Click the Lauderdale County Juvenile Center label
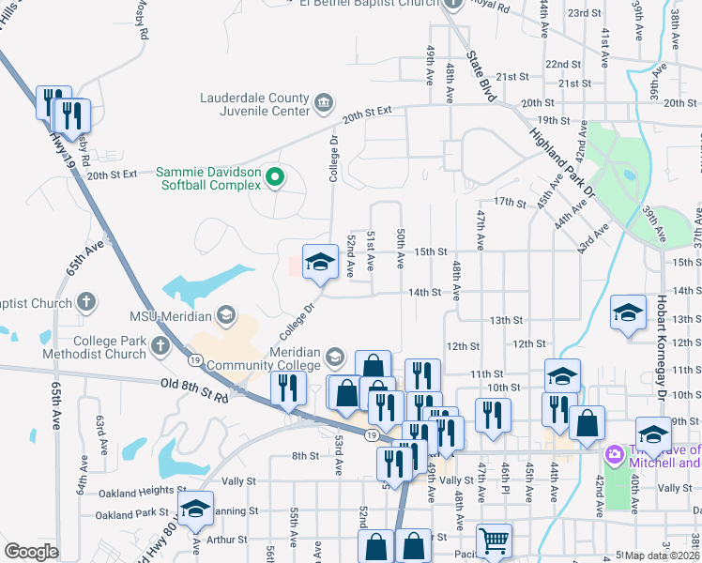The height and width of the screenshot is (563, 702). [x=254, y=104]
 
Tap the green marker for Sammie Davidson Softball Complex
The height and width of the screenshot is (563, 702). [x=275, y=176]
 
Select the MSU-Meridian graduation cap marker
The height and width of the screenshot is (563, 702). [x=225, y=313]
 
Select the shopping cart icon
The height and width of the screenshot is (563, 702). [x=494, y=540]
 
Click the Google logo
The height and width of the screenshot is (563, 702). [x=31, y=551]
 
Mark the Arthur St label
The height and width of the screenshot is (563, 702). [x=226, y=540]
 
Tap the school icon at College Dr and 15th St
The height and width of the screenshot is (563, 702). [x=319, y=263]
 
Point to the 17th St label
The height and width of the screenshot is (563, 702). [x=510, y=203]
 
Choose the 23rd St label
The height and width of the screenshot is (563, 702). [x=584, y=13]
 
